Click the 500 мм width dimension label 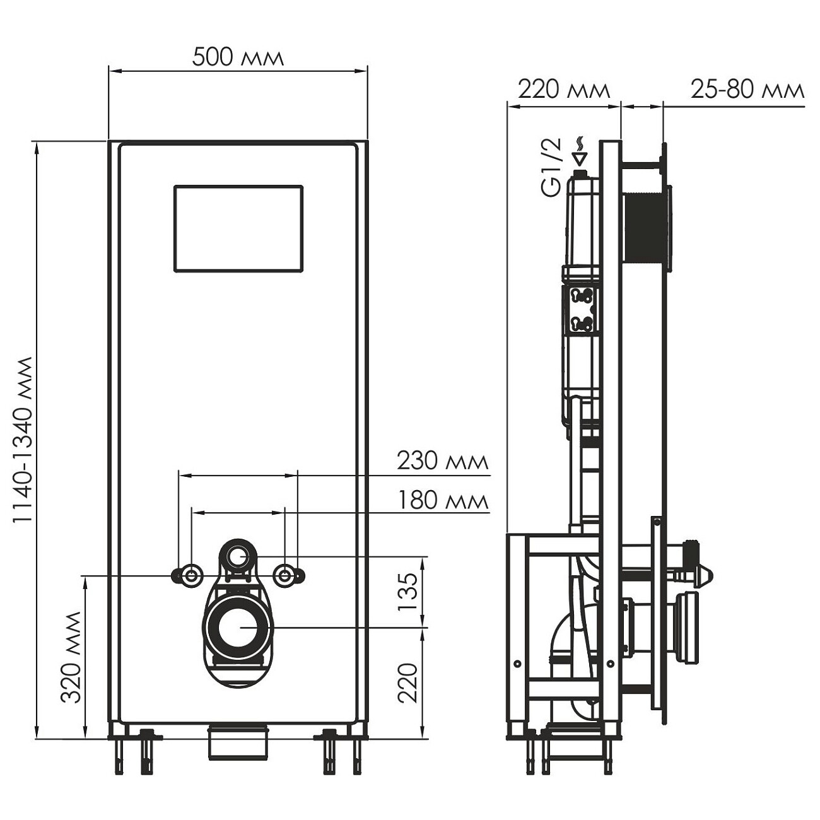[238, 57]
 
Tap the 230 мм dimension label [442, 461]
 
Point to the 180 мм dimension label [442, 501]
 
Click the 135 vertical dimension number [409, 592]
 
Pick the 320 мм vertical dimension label [71, 657]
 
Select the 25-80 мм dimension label [747, 90]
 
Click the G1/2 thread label [551, 168]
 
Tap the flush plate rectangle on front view [238, 228]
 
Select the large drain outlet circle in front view [238, 628]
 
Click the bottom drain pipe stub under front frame [238, 743]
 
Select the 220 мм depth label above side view [564, 90]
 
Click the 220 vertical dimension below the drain [409, 682]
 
